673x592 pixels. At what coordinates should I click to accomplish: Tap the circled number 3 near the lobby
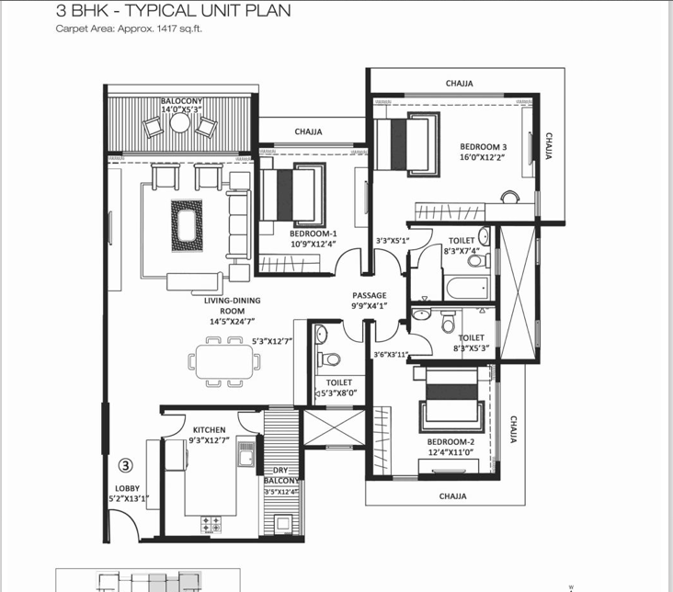[x=127, y=465]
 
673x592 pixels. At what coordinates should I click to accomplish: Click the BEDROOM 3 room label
[x=484, y=147]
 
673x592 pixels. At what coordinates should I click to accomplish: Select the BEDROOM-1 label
[x=314, y=233]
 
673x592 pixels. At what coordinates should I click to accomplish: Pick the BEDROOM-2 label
[x=449, y=441]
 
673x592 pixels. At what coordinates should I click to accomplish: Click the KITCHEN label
[x=210, y=429]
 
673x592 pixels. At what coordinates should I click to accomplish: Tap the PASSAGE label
[x=369, y=296]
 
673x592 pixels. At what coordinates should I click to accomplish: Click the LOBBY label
[x=126, y=488]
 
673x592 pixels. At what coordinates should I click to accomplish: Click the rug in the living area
[x=187, y=222]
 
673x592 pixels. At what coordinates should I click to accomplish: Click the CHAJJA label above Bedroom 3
[x=459, y=84]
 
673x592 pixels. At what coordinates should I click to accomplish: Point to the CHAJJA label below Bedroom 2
[x=451, y=496]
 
